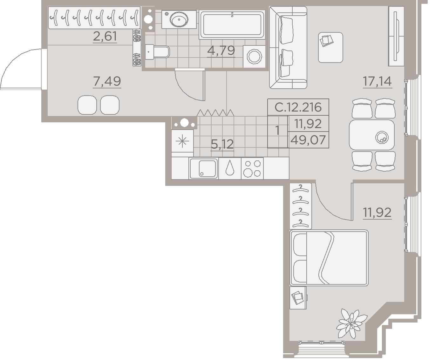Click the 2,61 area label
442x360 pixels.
click(x=105, y=36)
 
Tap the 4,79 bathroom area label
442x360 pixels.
click(x=221, y=51)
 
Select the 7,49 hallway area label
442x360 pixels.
click(x=107, y=81)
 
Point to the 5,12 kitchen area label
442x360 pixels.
click(x=222, y=144)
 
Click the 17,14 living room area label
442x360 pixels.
click(x=377, y=81)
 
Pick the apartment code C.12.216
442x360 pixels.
click(x=298, y=107)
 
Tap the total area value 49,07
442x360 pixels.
click(x=308, y=140)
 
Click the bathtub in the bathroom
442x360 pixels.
click(x=232, y=24)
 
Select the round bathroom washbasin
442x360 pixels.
click(x=179, y=19)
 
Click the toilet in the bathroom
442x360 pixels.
click(x=157, y=52)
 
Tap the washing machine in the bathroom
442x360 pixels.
click(x=254, y=57)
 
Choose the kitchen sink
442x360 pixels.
click(x=204, y=168)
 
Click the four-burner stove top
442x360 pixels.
click(x=252, y=168)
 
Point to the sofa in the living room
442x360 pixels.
click(x=288, y=47)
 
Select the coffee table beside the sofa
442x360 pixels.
click(x=330, y=47)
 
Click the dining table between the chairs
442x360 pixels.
click(x=372, y=135)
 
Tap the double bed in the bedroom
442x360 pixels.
click(x=329, y=258)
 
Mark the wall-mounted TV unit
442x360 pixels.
click(x=396, y=36)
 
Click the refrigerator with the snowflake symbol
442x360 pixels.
click(x=182, y=141)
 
